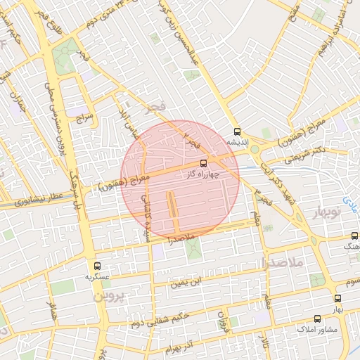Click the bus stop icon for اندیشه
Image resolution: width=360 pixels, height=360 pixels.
pyautogui.click(x=237, y=131)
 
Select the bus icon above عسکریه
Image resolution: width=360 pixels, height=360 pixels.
pyautogui.click(x=97, y=266)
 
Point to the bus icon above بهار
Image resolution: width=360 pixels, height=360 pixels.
pyautogui.click(x=337, y=299)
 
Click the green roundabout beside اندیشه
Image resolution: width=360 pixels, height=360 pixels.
pyautogui.click(x=255, y=149)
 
